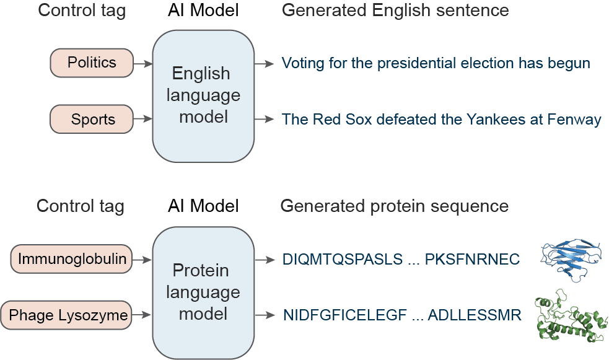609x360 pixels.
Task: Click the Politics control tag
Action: click(x=92, y=63)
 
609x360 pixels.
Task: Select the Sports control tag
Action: click(x=92, y=120)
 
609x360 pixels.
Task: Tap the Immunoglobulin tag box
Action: click(x=72, y=259)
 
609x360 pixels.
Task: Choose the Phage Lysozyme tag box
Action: click(x=68, y=315)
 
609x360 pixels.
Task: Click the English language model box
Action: click(x=203, y=95)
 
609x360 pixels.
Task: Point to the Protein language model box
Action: click(x=203, y=292)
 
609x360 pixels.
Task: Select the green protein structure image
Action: click(x=569, y=315)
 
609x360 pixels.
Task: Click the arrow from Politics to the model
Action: click(x=143, y=63)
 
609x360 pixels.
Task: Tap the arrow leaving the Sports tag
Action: click(x=143, y=119)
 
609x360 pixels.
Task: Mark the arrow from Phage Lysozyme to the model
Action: click(x=143, y=315)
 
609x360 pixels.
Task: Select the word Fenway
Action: click(x=574, y=119)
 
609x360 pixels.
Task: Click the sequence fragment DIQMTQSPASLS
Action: click(x=343, y=260)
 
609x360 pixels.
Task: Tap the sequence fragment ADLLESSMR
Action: click(x=475, y=315)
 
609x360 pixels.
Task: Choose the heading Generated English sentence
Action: click(x=395, y=11)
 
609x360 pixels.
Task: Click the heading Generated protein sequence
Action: click(x=395, y=206)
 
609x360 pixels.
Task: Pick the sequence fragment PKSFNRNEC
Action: click(x=472, y=260)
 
